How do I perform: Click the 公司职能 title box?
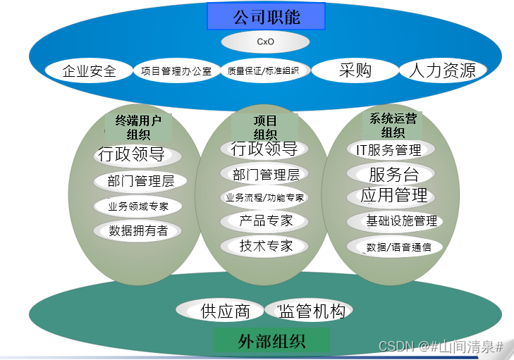(x=266, y=16)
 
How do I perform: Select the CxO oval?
(x=265, y=42)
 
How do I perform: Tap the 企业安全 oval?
(x=89, y=70)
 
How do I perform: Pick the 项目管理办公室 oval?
(x=176, y=70)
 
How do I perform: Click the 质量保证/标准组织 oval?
(x=264, y=70)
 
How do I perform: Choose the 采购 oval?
(x=355, y=70)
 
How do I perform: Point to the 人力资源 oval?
(x=443, y=70)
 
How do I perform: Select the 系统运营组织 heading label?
(x=393, y=125)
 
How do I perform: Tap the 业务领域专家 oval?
(x=138, y=206)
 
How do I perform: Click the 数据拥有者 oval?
(x=138, y=230)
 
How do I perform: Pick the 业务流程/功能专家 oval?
(x=265, y=197)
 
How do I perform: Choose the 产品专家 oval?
(x=265, y=221)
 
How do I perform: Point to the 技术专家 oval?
(x=265, y=246)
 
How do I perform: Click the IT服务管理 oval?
(x=392, y=150)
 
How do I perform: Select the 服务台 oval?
(x=392, y=174)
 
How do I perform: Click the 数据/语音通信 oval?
(x=392, y=247)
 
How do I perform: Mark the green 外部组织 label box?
(x=271, y=342)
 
